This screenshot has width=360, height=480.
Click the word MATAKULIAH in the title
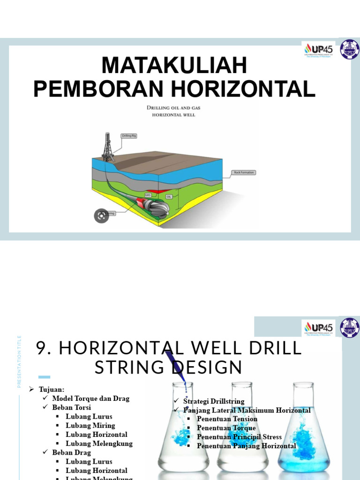point(174,66)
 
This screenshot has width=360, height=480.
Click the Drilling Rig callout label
point(128,136)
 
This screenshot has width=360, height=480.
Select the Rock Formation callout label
point(244,172)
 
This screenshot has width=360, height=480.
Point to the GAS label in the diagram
point(148,194)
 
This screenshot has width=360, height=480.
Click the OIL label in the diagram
point(169,196)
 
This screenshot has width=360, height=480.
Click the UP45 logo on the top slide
point(319,50)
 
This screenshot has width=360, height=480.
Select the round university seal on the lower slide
point(350,328)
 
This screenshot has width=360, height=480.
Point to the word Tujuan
point(52,390)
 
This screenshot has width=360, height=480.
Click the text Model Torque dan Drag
point(90,398)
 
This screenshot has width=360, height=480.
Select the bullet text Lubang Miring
point(90,426)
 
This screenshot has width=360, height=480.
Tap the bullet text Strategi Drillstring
point(214,401)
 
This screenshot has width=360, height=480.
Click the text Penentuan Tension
point(227,419)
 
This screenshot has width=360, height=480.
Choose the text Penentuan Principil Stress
point(239,437)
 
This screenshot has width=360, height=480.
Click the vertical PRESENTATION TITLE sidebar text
point(20,361)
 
